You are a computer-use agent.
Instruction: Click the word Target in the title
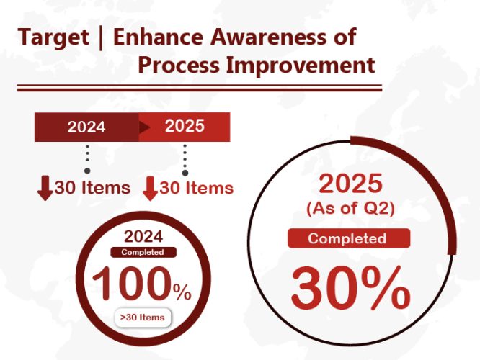[53, 37]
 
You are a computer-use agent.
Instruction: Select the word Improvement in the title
[301, 65]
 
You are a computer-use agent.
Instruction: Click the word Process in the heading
[179, 65]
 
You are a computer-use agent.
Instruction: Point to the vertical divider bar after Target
[101, 38]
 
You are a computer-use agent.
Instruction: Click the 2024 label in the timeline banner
[86, 127]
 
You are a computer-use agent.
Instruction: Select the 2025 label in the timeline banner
[185, 126]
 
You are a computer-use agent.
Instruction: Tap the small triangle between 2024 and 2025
[144, 127]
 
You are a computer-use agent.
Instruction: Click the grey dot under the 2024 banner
[87, 171]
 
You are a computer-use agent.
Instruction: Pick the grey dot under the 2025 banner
[185, 173]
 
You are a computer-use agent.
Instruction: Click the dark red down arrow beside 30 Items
[45, 188]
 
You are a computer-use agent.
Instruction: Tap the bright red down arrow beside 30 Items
[150, 189]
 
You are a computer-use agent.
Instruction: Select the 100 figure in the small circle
[132, 283]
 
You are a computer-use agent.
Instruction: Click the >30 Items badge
[143, 318]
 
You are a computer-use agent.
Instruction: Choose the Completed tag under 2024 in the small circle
[143, 252]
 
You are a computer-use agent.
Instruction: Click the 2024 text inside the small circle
[143, 236]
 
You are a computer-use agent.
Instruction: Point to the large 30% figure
[351, 288]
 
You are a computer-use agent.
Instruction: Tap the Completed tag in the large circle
[349, 238]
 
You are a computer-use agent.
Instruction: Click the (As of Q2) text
[350, 209]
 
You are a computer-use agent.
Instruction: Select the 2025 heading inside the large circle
[350, 184]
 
